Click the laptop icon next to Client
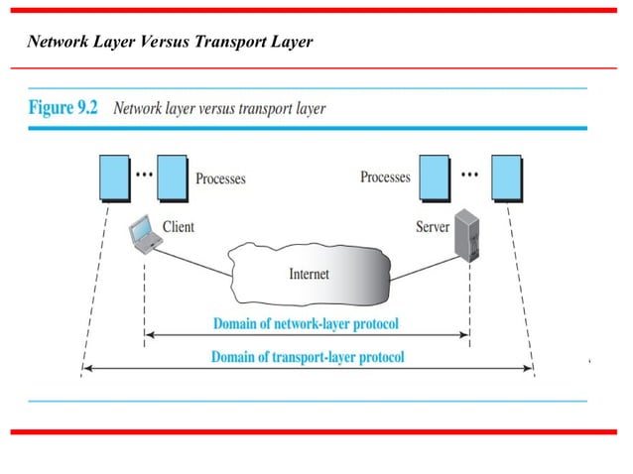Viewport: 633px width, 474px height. click(144, 235)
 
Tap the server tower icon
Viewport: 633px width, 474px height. click(463, 235)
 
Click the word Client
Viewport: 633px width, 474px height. click(178, 227)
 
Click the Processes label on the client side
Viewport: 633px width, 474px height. click(220, 179)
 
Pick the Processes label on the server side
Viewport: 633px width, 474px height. click(385, 178)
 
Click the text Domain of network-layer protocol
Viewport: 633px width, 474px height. click(306, 323)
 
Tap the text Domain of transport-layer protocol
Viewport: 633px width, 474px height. click(308, 356)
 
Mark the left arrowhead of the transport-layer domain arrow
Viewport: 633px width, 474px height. click(86, 369)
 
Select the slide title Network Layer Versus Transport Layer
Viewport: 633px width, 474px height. click(170, 43)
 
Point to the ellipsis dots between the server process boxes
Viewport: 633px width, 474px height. click(471, 173)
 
